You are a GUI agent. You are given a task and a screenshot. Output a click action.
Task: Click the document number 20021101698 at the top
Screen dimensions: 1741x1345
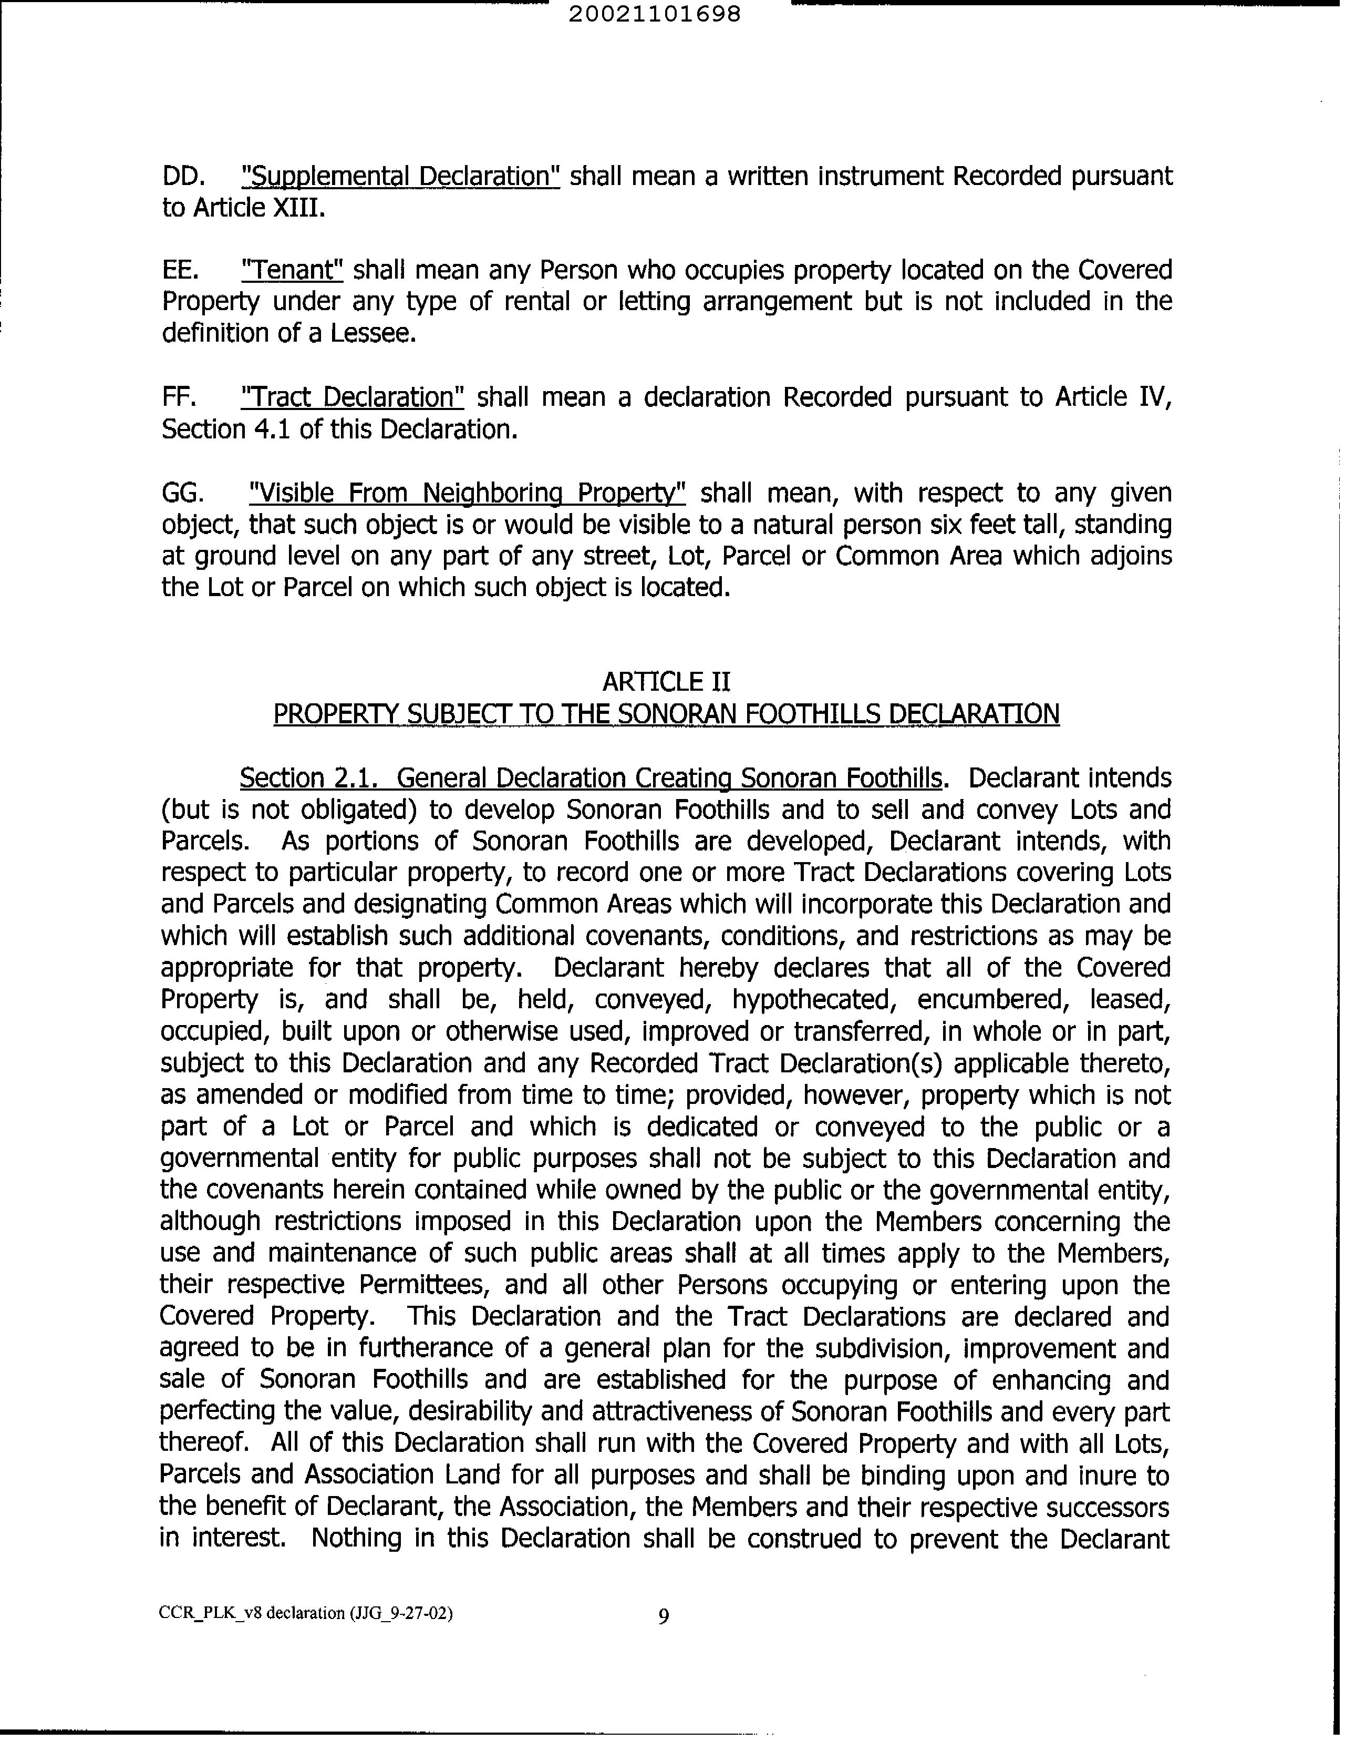point(655,14)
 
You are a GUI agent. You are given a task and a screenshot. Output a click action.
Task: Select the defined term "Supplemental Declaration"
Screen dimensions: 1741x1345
point(400,176)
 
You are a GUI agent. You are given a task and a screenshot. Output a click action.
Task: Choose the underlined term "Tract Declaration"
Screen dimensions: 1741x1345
point(352,397)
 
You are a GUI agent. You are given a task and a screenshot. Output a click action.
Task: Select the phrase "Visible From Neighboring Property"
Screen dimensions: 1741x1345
point(467,493)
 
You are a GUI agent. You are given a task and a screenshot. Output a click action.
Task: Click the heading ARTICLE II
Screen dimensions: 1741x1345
point(666,682)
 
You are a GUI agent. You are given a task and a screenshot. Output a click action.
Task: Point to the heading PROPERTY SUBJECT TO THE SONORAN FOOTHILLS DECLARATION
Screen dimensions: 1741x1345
point(666,713)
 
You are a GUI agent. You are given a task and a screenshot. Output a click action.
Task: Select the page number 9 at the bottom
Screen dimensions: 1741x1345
point(664,1616)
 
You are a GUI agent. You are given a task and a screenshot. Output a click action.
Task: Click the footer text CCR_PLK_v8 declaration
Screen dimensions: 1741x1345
point(252,1613)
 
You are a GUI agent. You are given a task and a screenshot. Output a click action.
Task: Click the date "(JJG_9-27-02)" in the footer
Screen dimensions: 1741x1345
point(401,1613)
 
